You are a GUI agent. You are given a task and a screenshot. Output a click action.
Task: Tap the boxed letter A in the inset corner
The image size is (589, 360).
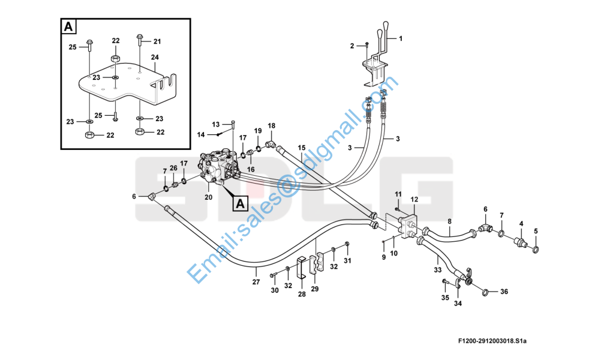coord(68,26)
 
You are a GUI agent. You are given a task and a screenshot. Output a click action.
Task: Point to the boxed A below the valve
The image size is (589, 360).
coord(239,203)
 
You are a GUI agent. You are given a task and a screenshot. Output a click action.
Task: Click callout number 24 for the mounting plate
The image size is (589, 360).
coord(154,58)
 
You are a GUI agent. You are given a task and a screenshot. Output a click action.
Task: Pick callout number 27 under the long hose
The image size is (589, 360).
coord(256,281)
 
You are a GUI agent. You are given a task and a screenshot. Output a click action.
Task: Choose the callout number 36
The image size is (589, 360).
coord(504,292)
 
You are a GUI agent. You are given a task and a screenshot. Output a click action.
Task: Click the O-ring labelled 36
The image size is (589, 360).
coord(484,292)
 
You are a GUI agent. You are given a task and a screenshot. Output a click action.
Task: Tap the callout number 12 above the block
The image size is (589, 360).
coord(414,199)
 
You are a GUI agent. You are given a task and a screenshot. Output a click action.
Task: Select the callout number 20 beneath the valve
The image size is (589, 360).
coord(208,197)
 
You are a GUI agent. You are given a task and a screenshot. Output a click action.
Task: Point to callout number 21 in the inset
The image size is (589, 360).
coord(157,41)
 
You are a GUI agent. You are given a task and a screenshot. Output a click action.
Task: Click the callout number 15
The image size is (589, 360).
coord(301,148)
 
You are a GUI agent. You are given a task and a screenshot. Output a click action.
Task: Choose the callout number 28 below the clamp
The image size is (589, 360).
coord(302,294)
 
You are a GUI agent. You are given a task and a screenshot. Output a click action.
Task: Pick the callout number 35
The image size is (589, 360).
coord(445,298)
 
